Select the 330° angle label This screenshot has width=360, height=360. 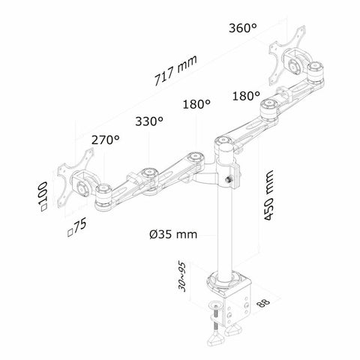150,121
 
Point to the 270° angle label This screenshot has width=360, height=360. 106,140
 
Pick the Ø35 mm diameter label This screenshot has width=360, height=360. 173,234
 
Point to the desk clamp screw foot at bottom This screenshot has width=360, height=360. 223,340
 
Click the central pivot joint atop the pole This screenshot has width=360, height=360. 223,141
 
